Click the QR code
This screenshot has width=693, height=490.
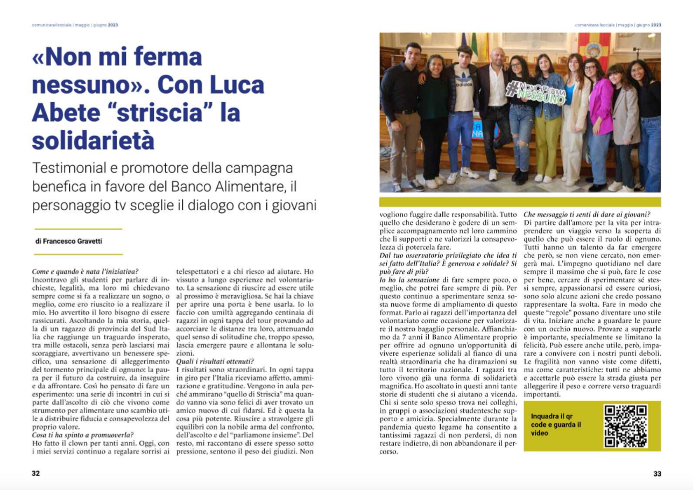coord(625,426)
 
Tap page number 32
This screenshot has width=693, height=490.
coord(36,474)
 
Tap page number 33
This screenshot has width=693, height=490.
coord(657,474)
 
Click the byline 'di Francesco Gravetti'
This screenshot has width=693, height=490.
coord(68,242)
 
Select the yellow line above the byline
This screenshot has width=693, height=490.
coord(78,229)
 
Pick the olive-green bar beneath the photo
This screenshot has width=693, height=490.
coord(520,202)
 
